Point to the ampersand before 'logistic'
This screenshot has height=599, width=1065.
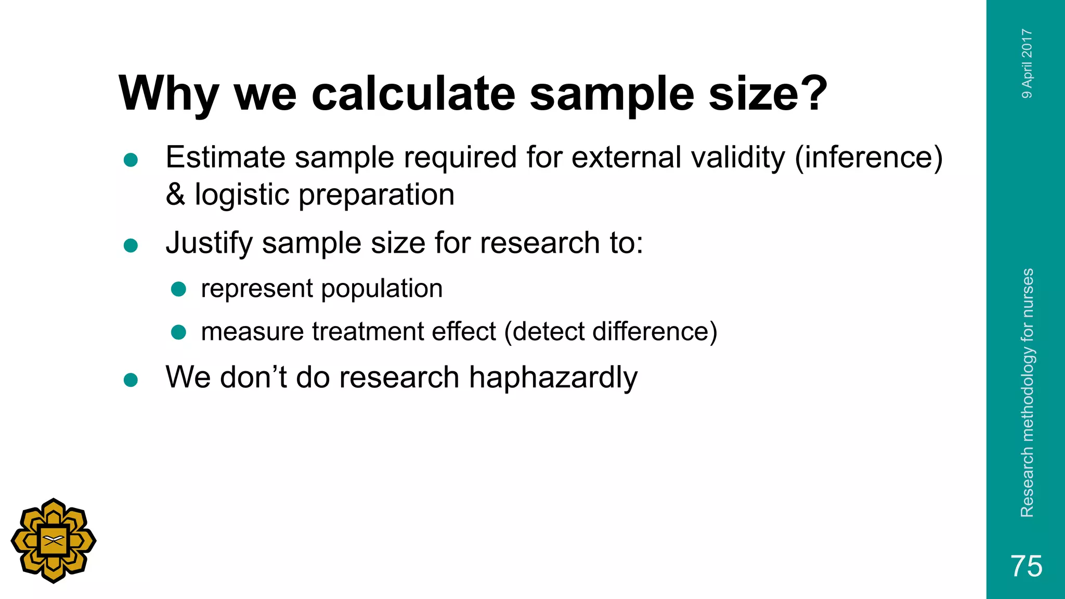tap(175, 194)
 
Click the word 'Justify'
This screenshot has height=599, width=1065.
tap(209, 243)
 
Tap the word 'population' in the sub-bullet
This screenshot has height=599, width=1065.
tap(382, 289)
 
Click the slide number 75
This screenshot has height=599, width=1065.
tap(1026, 566)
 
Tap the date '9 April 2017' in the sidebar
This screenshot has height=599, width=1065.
tap(1027, 63)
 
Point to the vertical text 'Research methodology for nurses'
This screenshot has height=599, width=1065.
tap(1027, 393)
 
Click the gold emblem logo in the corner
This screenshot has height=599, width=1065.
tap(54, 541)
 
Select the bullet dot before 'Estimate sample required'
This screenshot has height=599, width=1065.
tap(131, 160)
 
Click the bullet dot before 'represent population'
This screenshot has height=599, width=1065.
tap(178, 289)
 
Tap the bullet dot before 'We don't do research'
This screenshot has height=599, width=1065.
tap(131, 380)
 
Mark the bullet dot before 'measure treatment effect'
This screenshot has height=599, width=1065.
tap(178, 332)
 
